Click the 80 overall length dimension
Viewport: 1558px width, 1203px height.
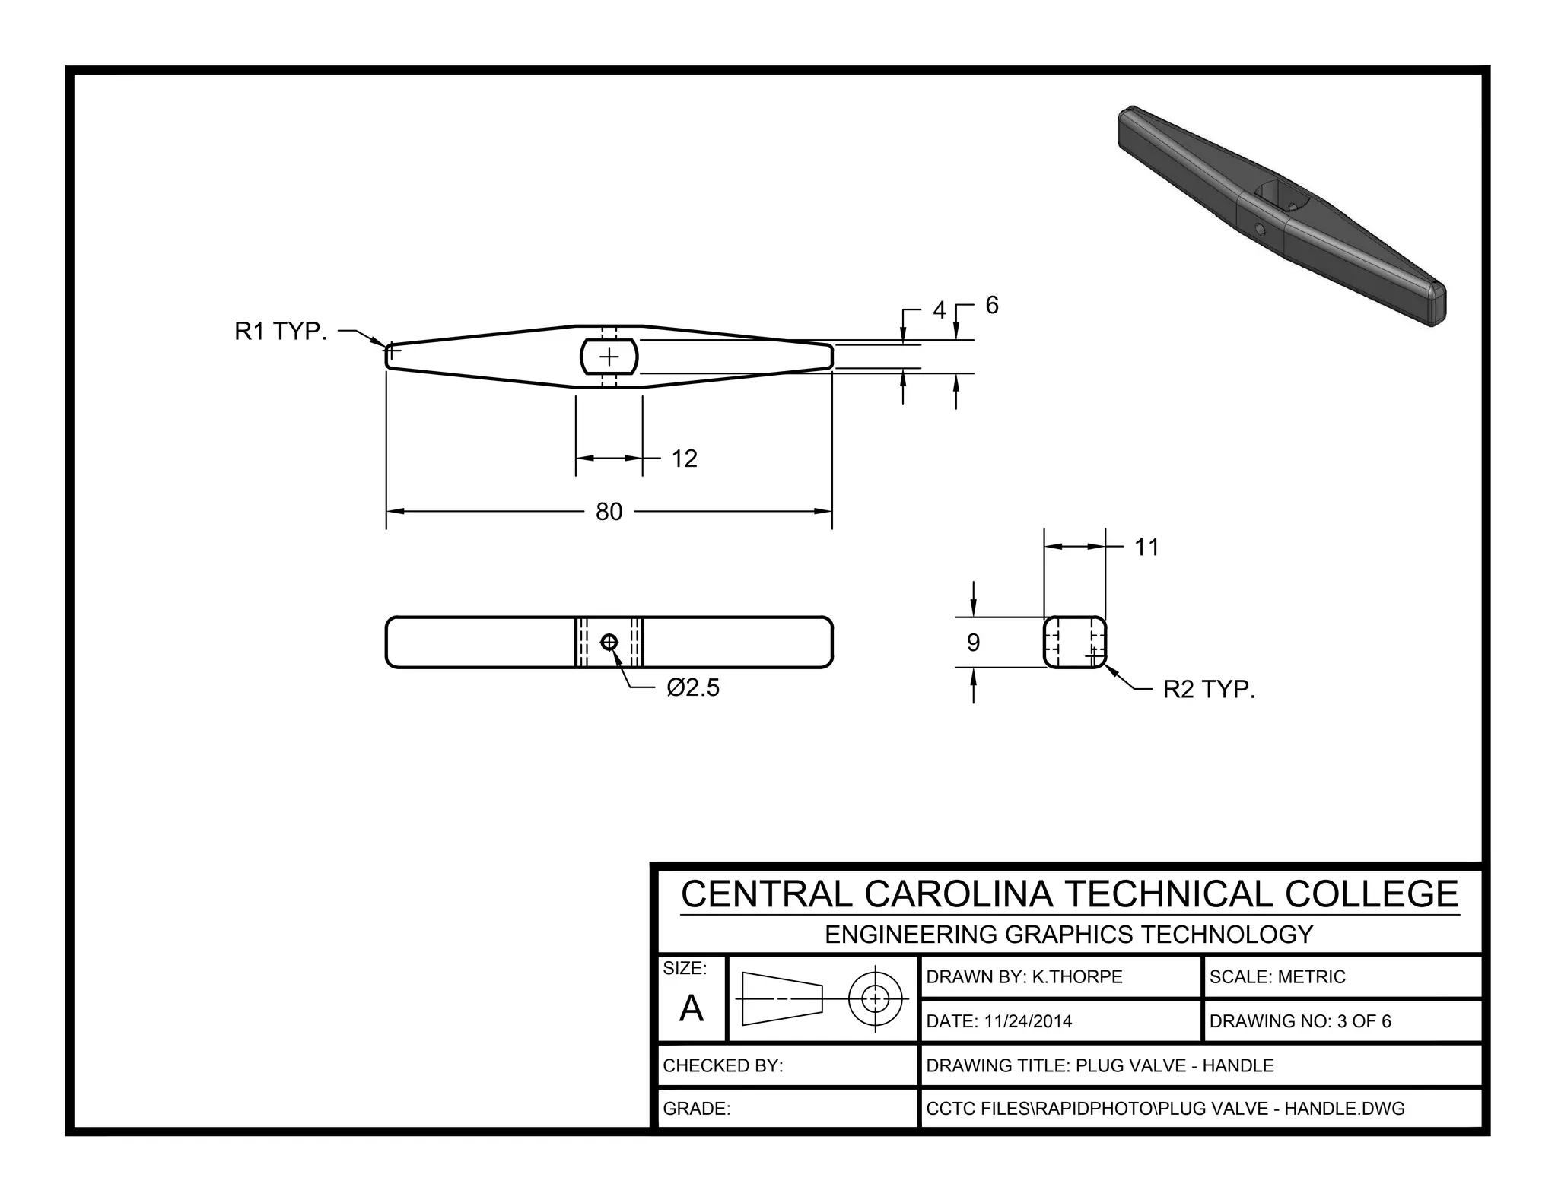click(609, 512)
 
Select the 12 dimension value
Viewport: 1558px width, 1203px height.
click(684, 459)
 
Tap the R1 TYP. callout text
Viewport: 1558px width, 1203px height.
click(280, 332)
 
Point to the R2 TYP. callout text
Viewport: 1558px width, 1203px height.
click(1209, 690)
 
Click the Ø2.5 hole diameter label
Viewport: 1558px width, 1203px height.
click(692, 687)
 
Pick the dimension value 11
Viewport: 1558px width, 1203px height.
click(1146, 548)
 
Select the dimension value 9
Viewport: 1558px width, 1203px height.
click(973, 643)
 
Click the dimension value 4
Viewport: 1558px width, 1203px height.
click(940, 310)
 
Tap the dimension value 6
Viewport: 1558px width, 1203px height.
click(991, 305)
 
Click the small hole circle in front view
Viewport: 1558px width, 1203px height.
click(609, 643)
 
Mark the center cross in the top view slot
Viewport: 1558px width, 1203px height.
click(609, 357)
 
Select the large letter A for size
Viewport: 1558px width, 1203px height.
click(691, 1009)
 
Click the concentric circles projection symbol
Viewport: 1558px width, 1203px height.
click(875, 998)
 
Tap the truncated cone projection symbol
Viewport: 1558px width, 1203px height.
click(782, 998)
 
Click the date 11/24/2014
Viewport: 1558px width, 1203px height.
click(1027, 1021)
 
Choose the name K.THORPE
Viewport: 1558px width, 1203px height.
click(1076, 977)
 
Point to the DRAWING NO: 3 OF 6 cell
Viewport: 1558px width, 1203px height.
click(1299, 1021)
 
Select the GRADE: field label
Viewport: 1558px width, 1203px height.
click(696, 1109)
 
